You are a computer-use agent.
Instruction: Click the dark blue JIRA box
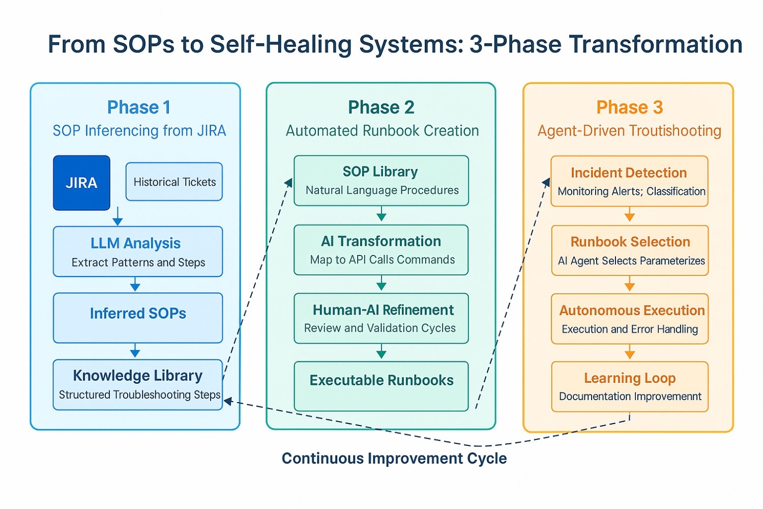tap(81, 183)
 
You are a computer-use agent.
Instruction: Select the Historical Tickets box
tap(174, 182)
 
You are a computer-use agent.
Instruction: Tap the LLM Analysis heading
tap(135, 243)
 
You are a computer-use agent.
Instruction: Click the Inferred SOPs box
tap(138, 318)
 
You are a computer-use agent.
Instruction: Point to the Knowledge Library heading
tap(137, 376)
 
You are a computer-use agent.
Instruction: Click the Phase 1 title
tap(138, 107)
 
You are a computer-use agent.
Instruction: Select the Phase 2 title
tap(381, 107)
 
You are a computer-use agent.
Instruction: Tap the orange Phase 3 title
tap(629, 107)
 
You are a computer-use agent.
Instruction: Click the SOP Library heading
tap(380, 172)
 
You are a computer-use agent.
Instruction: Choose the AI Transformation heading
tap(381, 241)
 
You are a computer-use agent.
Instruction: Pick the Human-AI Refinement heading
tap(383, 310)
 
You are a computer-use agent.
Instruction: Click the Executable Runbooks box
tap(381, 386)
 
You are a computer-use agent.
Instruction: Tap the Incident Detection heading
tap(629, 173)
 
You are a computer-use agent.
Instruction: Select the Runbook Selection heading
tap(630, 242)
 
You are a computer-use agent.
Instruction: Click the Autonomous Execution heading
tap(632, 310)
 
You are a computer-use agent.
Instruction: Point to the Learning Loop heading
tap(630, 378)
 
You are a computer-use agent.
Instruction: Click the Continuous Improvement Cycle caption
tap(394, 459)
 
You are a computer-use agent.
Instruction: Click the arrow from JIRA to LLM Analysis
tap(118, 216)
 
